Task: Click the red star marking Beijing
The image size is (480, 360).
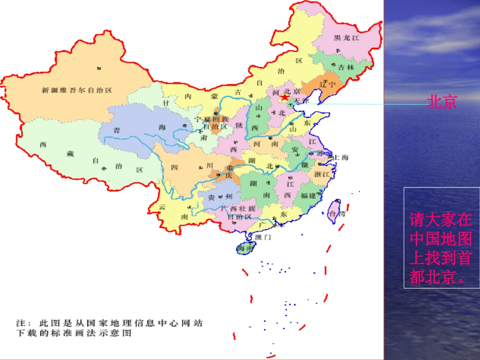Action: pos(285,97)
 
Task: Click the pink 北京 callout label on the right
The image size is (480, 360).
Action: pos(442,102)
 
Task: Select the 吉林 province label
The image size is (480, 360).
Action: pos(347,67)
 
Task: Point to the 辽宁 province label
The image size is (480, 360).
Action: pos(328,84)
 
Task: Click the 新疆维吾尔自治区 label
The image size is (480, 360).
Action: pos(76,90)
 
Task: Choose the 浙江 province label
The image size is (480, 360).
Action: pos(322,174)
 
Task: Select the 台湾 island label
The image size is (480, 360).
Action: pos(337,214)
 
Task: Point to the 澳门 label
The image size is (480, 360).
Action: pos(263,237)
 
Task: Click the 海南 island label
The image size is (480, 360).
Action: pos(246,249)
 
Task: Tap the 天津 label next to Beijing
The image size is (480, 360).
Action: pos(301,100)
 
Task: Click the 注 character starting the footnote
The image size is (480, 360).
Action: pos(20,322)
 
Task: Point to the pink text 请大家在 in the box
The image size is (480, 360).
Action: pos(441,220)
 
